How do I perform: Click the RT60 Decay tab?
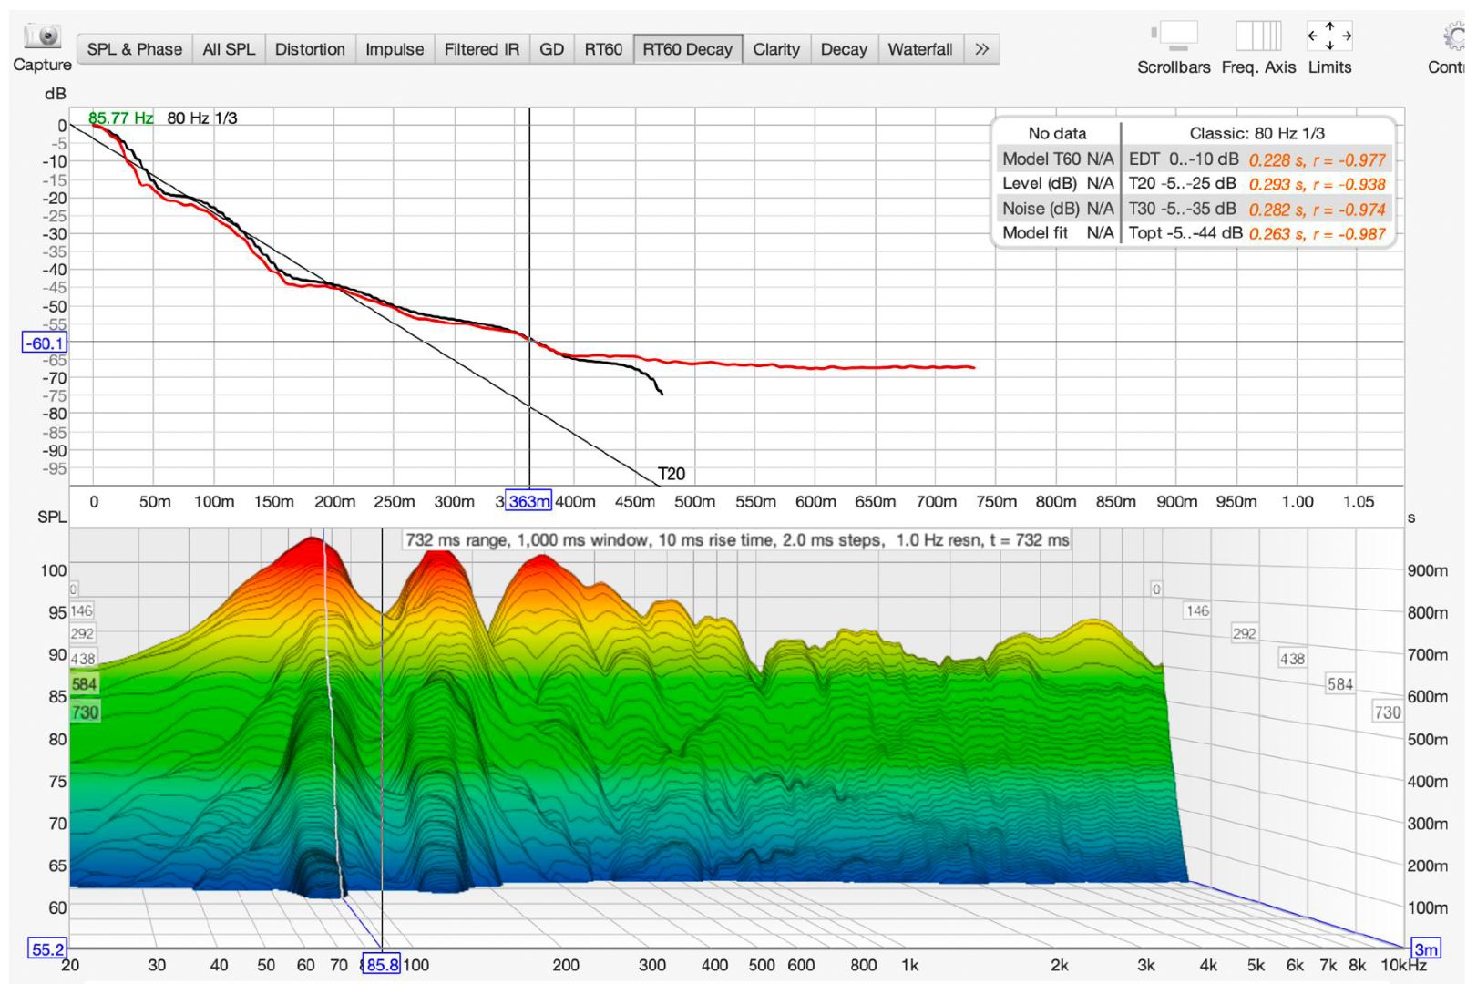tap(688, 49)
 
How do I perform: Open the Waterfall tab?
tap(920, 49)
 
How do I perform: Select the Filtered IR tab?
tap(481, 49)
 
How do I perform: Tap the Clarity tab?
tap(776, 49)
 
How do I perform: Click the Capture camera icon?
tap(43, 36)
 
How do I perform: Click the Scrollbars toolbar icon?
tap(1174, 36)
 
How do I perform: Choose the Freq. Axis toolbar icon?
tap(1258, 36)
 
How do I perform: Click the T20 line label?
tap(672, 474)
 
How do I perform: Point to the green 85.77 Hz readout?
tap(120, 118)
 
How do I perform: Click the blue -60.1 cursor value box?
tap(45, 343)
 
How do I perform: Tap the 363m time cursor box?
tap(528, 502)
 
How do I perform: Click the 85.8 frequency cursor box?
tap(382, 965)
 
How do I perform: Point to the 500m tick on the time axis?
tap(694, 502)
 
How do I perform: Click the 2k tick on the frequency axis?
tap(1059, 965)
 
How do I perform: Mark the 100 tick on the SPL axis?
tap(54, 570)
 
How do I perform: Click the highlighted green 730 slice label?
tap(85, 712)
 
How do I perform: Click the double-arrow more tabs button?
tap(982, 49)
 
